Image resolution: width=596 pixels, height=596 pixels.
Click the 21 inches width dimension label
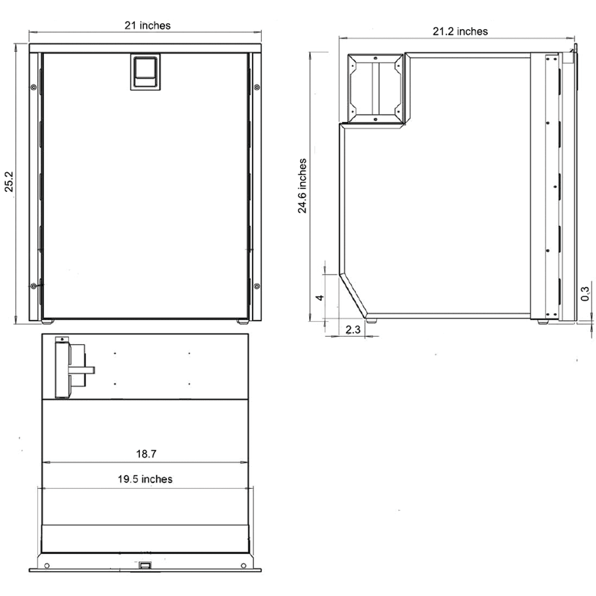(147, 25)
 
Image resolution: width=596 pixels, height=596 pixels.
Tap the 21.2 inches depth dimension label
(460, 32)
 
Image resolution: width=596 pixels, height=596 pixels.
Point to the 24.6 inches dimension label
(302, 186)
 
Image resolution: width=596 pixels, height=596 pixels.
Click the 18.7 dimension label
(146, 454)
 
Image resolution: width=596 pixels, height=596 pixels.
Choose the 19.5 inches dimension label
(145, 479)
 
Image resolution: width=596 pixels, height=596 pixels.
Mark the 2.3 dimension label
(353, 330)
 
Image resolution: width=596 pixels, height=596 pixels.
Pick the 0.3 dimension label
(585, 294)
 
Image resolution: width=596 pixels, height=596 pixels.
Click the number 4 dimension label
(320, 297)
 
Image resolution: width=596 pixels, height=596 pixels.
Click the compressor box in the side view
(374, 87)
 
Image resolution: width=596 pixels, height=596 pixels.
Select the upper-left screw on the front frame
(33, 87)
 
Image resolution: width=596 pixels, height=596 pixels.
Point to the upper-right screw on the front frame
(257, 87)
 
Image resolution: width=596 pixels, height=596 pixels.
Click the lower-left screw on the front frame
(33, 286)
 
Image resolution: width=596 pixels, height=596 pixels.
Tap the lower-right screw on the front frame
(257, 286)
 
